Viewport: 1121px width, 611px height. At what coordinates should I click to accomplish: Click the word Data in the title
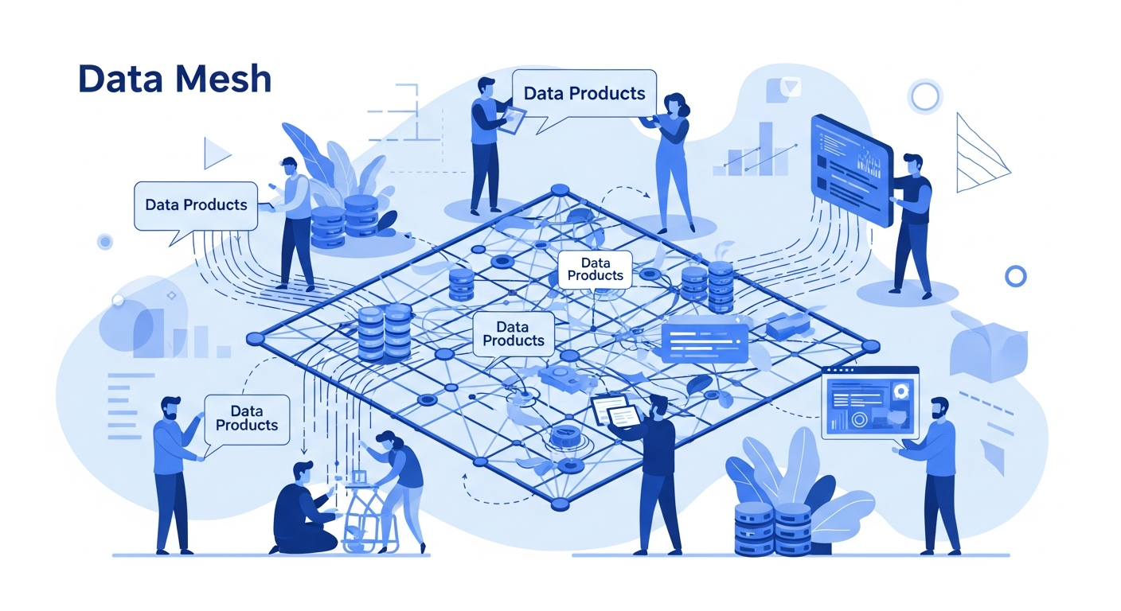[120, 79]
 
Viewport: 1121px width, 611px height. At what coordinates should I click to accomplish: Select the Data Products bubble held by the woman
[584, 95]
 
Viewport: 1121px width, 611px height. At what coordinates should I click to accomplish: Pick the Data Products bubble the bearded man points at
[247, 420]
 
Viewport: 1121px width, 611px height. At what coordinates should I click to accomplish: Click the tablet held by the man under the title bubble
[514, 119]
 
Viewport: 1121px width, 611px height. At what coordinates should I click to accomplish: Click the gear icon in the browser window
[900, 391]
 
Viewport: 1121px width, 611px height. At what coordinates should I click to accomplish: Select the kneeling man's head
[303, 472]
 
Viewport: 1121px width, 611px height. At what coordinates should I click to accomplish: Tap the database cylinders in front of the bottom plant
[773, 529]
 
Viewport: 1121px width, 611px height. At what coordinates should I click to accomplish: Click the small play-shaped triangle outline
[217, 153]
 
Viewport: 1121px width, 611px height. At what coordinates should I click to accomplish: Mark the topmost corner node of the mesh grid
[560, 190]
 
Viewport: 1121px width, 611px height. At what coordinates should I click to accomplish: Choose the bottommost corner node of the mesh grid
[560, 504]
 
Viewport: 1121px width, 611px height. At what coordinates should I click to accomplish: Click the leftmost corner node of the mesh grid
[256, 338]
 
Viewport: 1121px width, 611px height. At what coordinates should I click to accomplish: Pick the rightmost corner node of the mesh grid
[870, 345]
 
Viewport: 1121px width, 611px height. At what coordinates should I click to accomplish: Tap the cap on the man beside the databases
[289, 162]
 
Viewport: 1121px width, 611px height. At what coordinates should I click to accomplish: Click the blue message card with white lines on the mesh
[705, 342]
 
